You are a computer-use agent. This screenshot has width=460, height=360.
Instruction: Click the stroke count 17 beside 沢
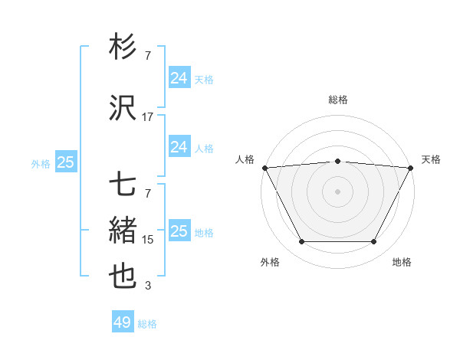(148, 117)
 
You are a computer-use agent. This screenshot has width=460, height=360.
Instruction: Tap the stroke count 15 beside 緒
(148, 240)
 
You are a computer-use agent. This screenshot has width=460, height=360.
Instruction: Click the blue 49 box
(123, 323)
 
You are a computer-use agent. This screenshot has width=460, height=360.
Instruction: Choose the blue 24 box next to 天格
(179, 78)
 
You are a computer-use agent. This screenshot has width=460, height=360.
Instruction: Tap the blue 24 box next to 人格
(179, 147)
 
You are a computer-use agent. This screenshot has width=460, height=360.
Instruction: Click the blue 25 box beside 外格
(66, 162)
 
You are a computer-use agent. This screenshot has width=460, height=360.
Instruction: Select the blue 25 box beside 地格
(179, 231)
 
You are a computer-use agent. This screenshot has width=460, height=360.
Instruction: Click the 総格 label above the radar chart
(338, 100)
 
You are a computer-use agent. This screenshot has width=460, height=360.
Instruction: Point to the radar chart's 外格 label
(270, 263)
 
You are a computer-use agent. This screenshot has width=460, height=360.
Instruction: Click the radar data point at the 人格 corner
(264, 167)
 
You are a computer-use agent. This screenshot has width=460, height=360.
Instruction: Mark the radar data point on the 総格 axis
(338, 161)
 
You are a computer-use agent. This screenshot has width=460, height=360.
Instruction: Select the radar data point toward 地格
(374, 242)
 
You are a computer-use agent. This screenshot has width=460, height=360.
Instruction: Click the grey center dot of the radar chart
(338, 191)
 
